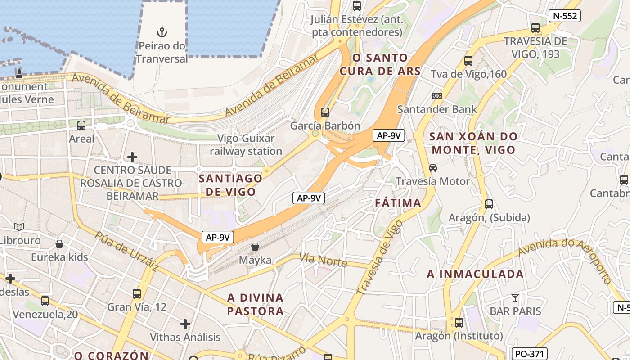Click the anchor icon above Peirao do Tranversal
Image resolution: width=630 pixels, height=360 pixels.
pyautogui.click(x=162, y=32)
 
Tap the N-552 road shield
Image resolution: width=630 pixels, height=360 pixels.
pyautogui.click(x=565, y=16)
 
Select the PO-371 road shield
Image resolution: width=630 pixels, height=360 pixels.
pyautogui.click(x=530, y=354)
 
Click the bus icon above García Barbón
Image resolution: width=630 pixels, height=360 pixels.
pyautogui.click(x=325, y=112)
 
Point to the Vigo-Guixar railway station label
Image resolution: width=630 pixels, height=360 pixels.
pyautogui.click(x=246, y=145)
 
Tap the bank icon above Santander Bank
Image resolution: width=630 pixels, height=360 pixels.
pyautogui.click(x=436, y=96)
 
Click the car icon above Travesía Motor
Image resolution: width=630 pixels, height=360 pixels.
pyautogui.click(x=432, y=168)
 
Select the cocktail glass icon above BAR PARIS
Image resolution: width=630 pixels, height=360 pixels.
pyautogui.click(x=515, y=298)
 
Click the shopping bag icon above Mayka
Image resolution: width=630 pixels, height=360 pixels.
pyautogui.click(x=255, y=247)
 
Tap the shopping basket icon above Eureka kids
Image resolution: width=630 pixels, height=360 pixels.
pyautogui.click(x=59, y=244)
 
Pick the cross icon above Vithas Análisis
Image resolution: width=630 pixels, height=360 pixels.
pyautogui.click(x=185, y=324)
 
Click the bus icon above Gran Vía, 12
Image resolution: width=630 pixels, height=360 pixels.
pyautogui.click(x=137, y=294)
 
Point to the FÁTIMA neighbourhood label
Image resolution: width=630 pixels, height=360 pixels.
pyautogui.click(x=398, y=203)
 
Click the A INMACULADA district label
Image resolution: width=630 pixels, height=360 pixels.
pyautogui.click(x=475, y=274)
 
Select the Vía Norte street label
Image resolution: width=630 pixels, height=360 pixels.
pyautogui.click(x=323, y=260)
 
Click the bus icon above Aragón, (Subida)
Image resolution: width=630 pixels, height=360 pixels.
pyautogui.click(x=489, y=204)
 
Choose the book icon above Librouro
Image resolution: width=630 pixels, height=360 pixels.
pyautogui.click(x=19, y=227)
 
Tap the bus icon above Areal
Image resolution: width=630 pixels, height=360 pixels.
pyautogui.click(x=81, y=126)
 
